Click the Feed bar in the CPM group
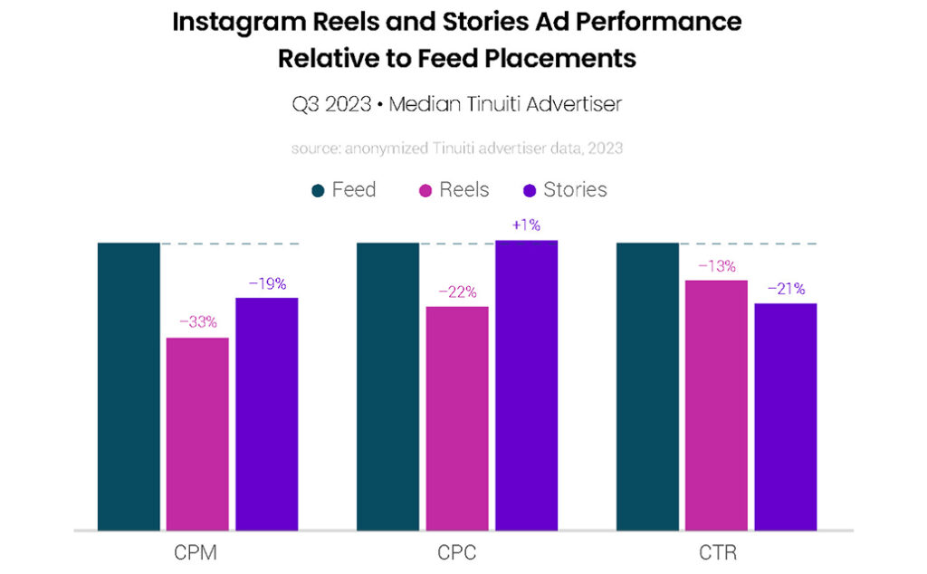(129, 387)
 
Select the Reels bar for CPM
(197, 434)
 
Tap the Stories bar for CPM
(267, 414)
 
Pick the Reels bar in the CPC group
(457, 418)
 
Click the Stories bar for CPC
(526, 385)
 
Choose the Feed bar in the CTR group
(647, 387)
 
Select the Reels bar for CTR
(716, 405)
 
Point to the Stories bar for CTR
(786, 416)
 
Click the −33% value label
(197, 321)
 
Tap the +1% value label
(526, 225)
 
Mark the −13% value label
(716, 266)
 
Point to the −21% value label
(786, 289)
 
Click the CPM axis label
(197, 552)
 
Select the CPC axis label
(456, 552)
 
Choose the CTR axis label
(716, 552)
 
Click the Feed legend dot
(318, 191)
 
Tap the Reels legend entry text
(464, 190)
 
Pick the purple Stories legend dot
(530, 191)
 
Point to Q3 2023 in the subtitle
(330, 105)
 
